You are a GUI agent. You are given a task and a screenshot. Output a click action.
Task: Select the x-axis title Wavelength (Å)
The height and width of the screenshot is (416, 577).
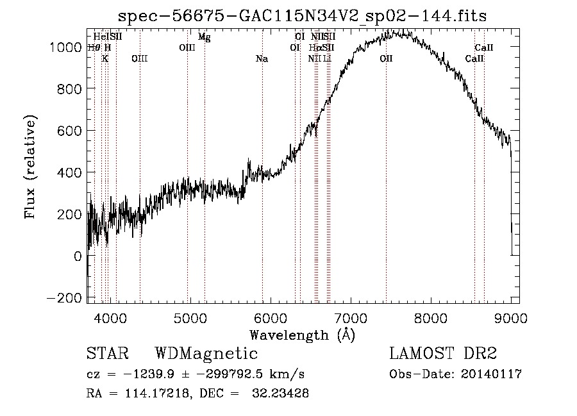(x=302, y=335)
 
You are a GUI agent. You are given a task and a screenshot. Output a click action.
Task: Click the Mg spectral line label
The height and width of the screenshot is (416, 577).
(x=204, y=37)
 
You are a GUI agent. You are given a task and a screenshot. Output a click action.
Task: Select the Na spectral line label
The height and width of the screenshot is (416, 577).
(x=262, y=59)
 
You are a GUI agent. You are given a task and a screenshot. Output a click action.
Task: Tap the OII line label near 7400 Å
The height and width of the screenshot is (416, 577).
(x=386, y=59)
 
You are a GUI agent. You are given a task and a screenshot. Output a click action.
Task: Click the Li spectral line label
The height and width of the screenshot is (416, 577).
(x=327, y=59)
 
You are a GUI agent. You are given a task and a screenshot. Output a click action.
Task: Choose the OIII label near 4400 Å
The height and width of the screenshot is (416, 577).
(x=139, y=59)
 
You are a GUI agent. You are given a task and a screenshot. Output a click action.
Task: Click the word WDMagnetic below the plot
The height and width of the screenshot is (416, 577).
(x=206, y=354)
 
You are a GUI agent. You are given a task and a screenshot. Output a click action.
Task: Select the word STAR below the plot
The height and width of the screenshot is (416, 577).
(x=107, y=354)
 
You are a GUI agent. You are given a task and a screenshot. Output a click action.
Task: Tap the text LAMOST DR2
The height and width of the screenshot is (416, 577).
(x=443, y=354)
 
